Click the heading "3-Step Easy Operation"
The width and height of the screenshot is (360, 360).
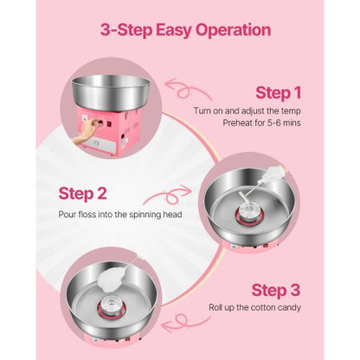[185, 30]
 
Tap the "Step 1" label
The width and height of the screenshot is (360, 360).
[278, 93]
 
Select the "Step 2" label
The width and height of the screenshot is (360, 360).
[82, 194]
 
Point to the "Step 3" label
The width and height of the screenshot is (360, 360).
[276, 290]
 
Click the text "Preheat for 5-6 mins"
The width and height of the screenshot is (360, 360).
[261, 123]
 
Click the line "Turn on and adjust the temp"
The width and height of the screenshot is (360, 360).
[247, 111]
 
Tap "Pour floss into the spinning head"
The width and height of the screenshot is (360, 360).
[120, 215]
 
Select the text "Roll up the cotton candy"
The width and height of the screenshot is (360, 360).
[254, 307]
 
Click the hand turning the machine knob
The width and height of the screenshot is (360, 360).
[87, 133]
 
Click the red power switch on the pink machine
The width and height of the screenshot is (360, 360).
[110, 124]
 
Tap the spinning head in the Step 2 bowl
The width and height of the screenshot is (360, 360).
[248, 214]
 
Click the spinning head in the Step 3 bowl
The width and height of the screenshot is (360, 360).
[113, 305]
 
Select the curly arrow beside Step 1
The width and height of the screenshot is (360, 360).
[187, 89]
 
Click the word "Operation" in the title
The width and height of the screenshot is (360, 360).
[233, 30]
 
